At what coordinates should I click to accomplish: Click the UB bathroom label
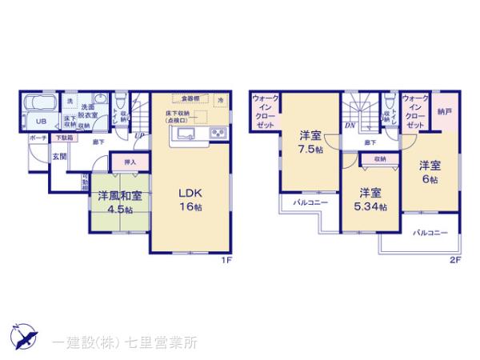[38, 122]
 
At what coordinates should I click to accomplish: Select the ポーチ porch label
[36, 138]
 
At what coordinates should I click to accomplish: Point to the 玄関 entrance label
[60, 156]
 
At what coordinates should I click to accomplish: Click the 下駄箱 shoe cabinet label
[63, 138]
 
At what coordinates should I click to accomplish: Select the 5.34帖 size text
[370, 206]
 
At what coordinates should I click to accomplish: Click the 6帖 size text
[432, 181]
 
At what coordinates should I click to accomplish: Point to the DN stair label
[350, 126]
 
